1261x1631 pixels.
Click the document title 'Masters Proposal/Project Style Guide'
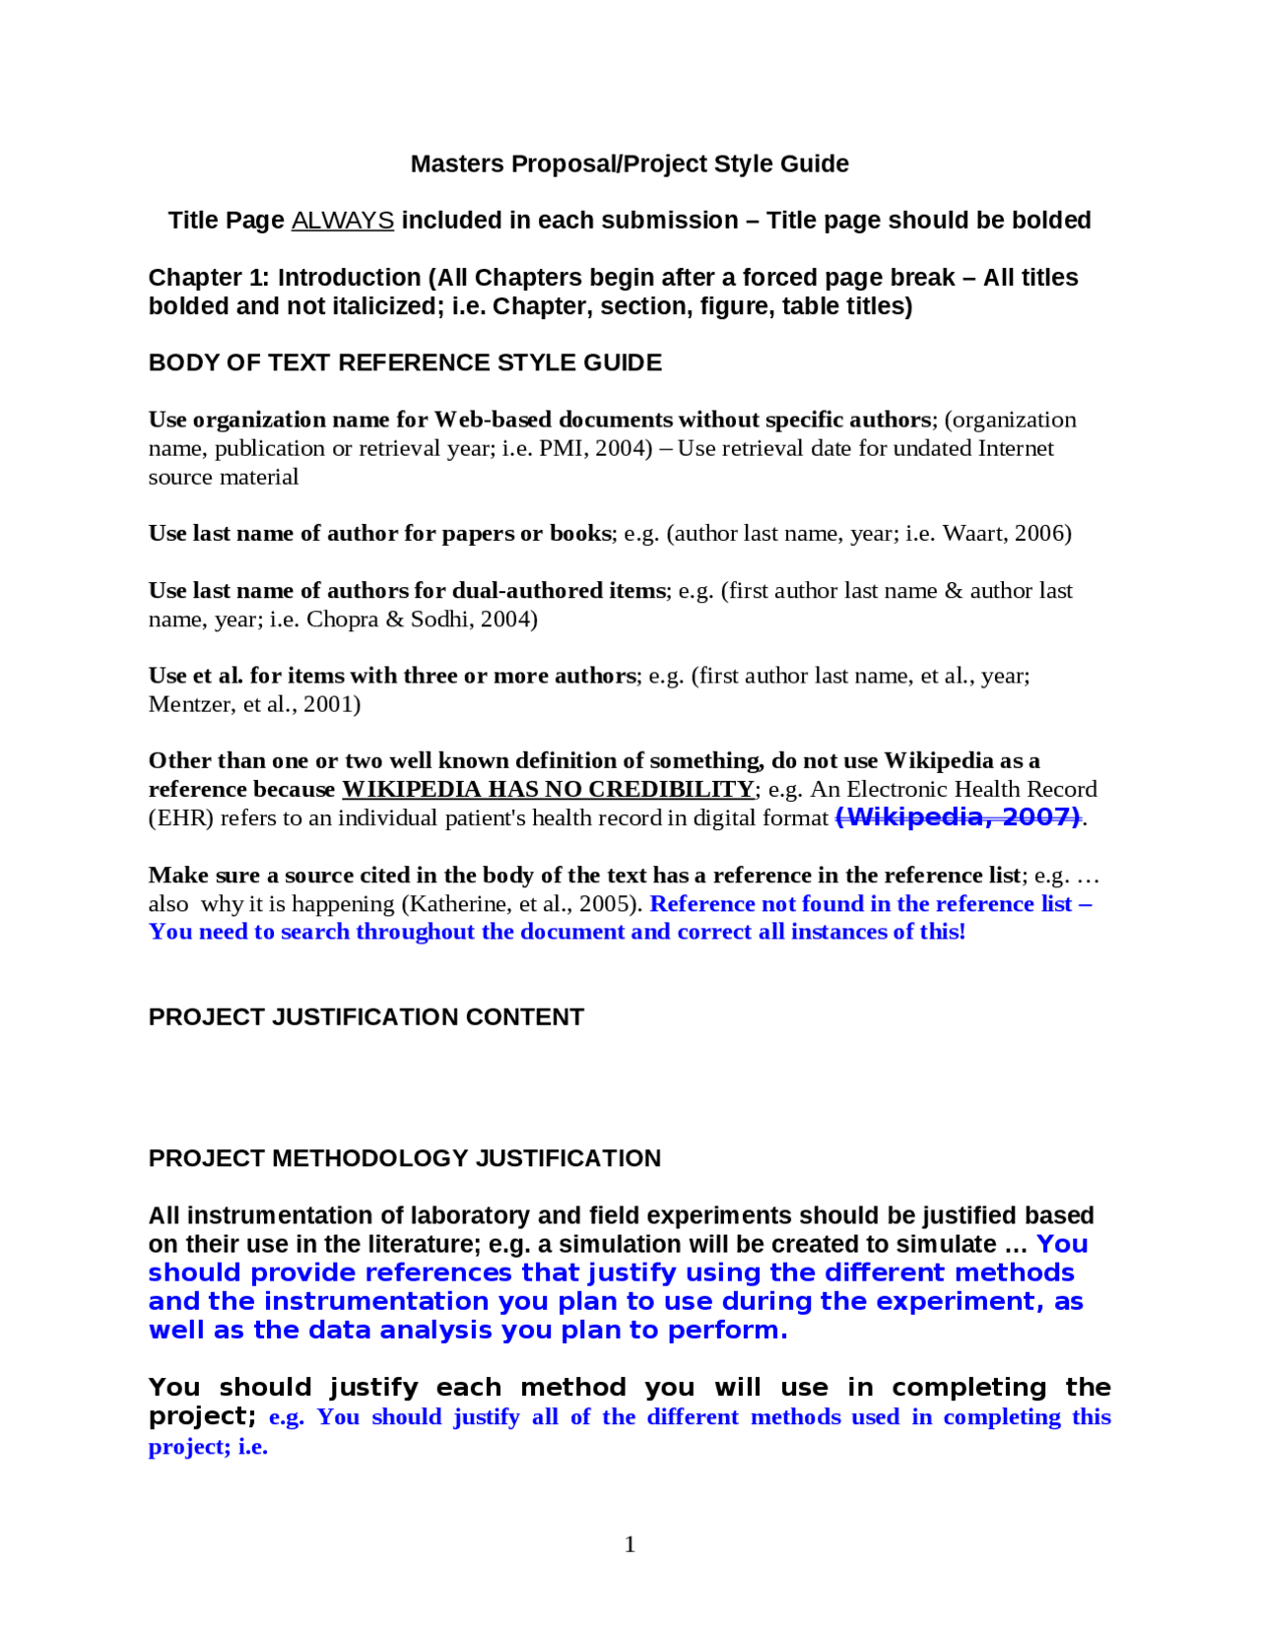click(x=629, y=163)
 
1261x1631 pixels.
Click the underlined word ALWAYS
click(x=342, y=221)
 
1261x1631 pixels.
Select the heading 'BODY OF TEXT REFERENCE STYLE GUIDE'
click(x=405, y=362)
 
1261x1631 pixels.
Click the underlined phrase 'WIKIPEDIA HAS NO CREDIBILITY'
click(x=548, y=789)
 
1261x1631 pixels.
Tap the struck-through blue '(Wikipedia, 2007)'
click(x=958, y=817)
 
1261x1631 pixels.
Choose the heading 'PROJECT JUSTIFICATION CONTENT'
click(x=365, y=1016)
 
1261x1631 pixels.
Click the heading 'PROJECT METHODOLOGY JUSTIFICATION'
click(x=404, y=1158)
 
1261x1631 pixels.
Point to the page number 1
click(x=630, y=1544)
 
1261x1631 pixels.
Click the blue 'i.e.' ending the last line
click(x=252, y=1446)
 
